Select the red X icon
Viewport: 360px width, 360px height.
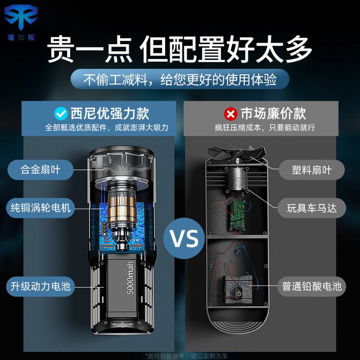pos(231,114)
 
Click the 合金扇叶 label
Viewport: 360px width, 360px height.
pos(40,169)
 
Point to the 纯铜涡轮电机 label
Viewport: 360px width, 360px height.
pos(40,208)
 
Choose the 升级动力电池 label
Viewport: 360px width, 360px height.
pos(40,287)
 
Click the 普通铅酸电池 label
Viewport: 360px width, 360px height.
pos(312,287)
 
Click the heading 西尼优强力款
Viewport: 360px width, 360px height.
pos(110,113)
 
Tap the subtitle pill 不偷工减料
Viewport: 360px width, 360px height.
pos(180,79)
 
